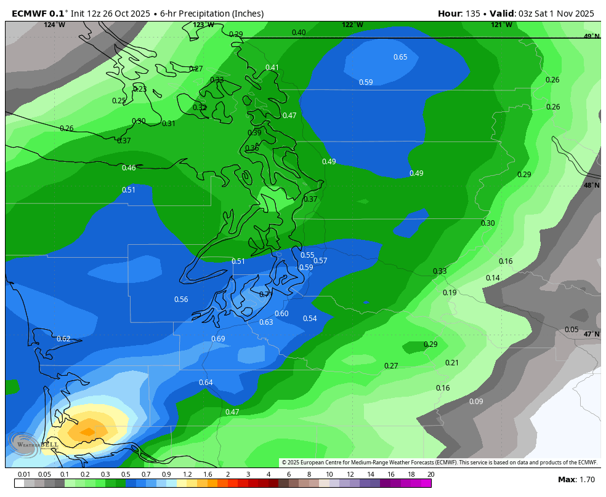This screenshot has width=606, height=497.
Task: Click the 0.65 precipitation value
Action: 400,57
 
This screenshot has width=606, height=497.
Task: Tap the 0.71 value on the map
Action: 265,295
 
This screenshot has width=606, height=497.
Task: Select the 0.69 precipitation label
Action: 218,339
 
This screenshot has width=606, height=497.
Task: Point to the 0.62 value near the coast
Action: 63,339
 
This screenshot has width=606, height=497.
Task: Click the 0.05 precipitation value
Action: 572,330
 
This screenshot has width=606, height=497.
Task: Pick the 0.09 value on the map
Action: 476,402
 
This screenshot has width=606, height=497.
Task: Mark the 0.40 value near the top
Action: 299,33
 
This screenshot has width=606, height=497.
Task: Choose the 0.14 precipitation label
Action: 493,278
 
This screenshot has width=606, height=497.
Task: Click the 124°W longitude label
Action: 54,25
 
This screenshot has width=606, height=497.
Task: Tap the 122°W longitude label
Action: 352,25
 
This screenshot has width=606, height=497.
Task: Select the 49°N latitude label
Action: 591,36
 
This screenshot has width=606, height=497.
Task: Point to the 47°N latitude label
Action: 591,334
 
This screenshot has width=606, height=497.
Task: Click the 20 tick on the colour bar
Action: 430,474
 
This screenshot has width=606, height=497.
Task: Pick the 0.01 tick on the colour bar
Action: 25,474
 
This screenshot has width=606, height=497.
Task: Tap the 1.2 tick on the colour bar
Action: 187,474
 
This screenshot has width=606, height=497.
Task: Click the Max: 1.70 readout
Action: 576,479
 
